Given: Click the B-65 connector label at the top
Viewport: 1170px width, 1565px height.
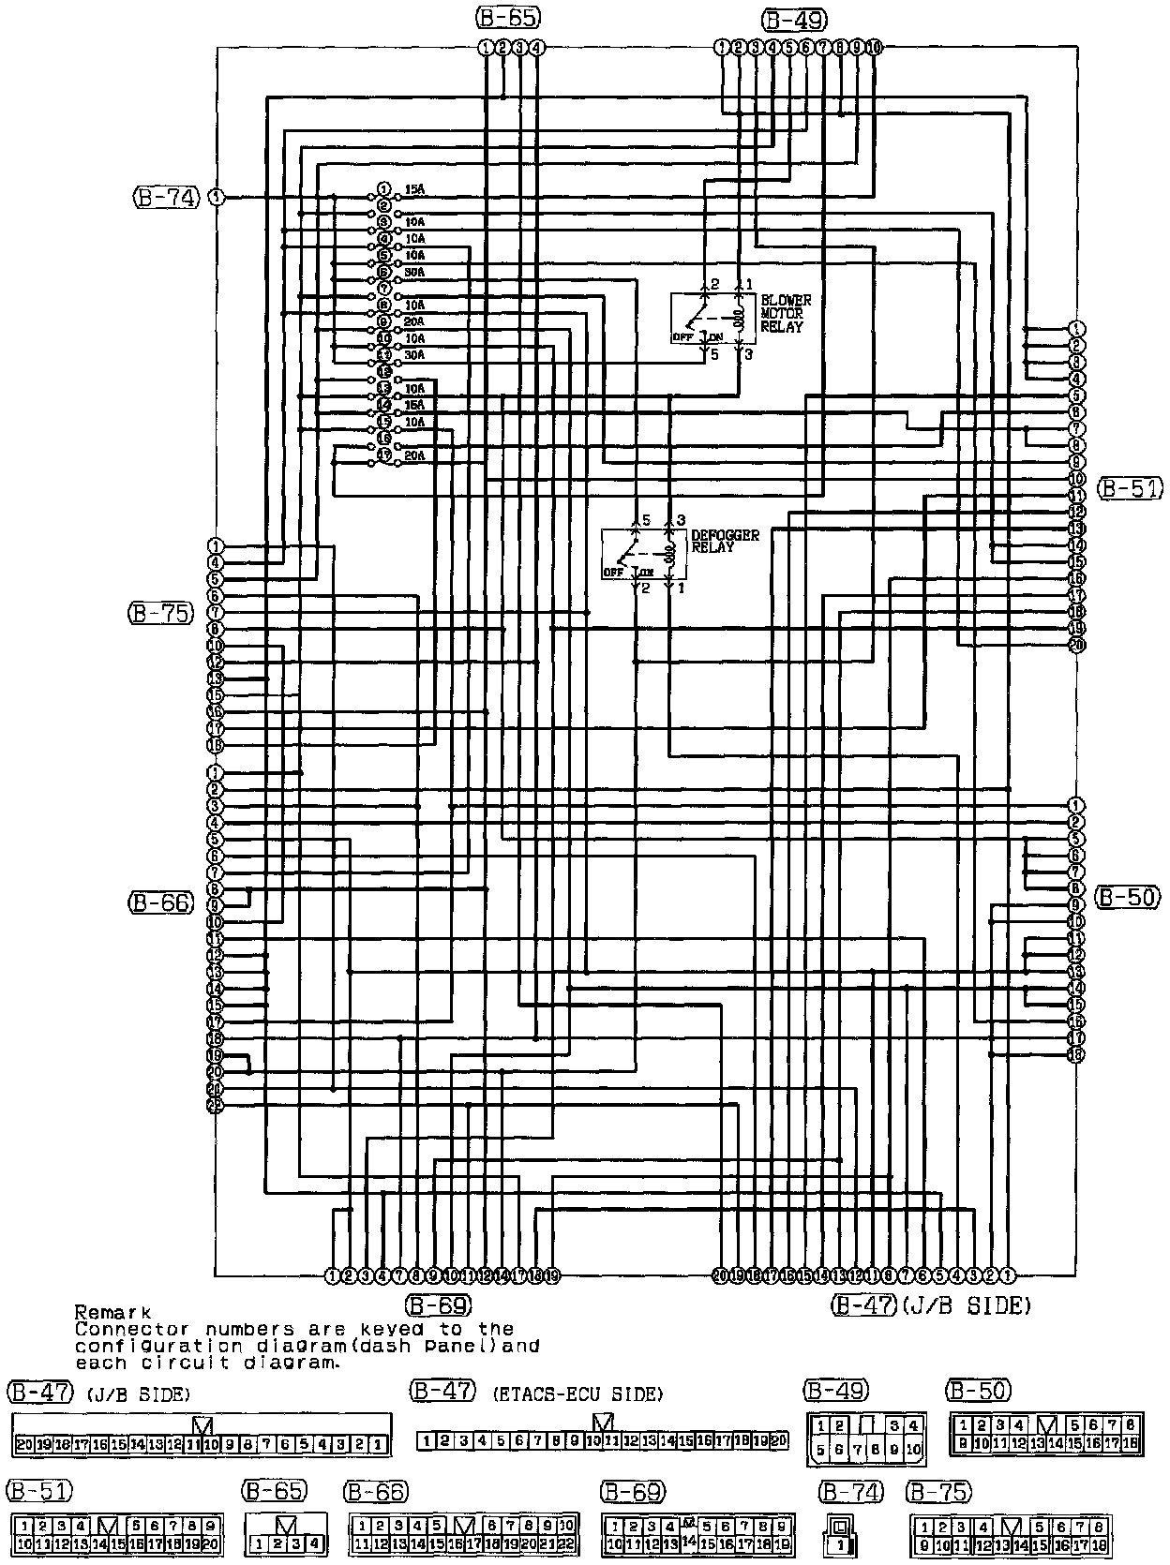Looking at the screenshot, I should (x=508, y=18).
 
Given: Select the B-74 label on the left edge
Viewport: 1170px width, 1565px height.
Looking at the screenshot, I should (x=166, y=197).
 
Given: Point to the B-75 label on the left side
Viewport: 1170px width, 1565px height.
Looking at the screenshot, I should (x=159, y=613).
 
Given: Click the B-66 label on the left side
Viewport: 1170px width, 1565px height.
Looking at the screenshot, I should (x=160, y=902).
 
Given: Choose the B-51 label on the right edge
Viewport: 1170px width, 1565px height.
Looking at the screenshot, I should (x=1130, y=487).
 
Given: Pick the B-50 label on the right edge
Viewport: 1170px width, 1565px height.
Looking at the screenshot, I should (x=1128, y=897).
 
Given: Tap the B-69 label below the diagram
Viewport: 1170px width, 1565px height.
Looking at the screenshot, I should (x=438, y=1304).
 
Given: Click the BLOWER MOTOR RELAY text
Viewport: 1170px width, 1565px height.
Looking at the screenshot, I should (x=786, y=314).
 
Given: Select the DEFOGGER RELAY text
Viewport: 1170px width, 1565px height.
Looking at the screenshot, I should (x=725, y=541).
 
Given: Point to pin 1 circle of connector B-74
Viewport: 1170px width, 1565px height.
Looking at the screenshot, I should (x=217, y=197).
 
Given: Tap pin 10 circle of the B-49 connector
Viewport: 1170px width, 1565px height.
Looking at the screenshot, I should (x=874, y=47).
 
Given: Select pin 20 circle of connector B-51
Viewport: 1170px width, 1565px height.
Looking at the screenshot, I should (x=1076, y=645).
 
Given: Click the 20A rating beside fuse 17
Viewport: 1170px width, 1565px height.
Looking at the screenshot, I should (x=414, y=456).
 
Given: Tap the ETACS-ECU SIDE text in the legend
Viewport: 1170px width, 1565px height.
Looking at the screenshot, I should (x=577, y=1394).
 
